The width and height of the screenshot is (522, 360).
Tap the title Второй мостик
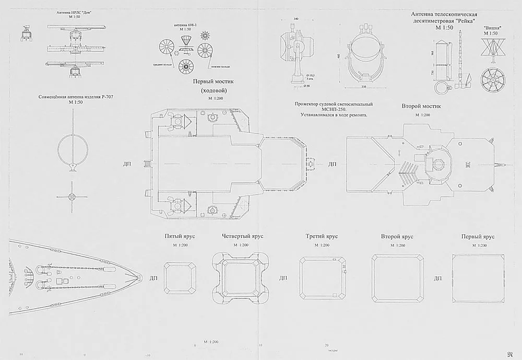click(422, 106)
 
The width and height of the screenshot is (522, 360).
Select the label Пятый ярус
click(180, 236)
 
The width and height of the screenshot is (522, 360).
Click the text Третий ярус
click(322, 236)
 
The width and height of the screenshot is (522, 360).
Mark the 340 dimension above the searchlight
click(296, 19)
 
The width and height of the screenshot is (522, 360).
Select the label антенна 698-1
click(185, 24)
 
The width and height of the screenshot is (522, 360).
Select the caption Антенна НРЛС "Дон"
click(77, 12)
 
